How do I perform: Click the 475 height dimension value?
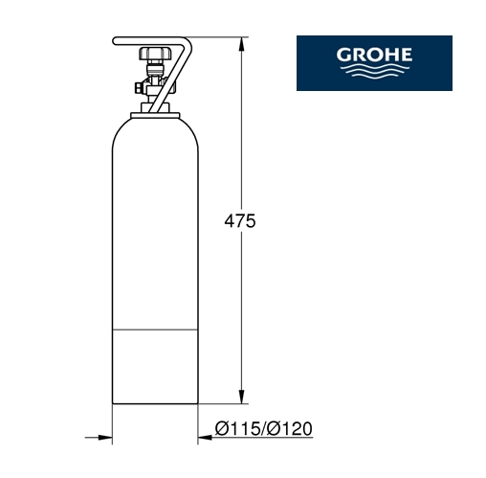click(x=240, y=221)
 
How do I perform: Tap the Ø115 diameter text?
click(x=238, y=428)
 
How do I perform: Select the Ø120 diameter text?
click(x=290, y=428)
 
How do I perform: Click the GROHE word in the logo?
click(x=374, y=55)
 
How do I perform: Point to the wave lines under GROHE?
click(x=374, y=71)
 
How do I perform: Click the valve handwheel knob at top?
click(x=155, y=53)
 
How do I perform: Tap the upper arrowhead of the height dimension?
click(x=242, y=44)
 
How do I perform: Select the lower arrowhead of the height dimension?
click(x=242, y=397)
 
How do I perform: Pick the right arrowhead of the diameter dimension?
click(x=205, y=438)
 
